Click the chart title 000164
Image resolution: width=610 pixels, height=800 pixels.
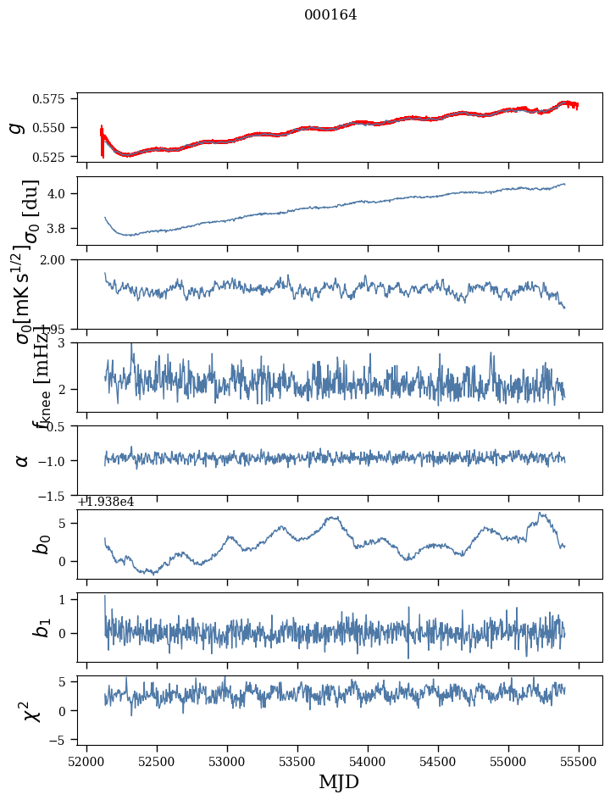click(330, 15)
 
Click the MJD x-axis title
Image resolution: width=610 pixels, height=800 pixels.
click(339, 781)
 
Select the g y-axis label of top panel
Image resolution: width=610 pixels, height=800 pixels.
click(15, 127)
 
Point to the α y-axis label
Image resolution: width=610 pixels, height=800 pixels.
click(22, 460)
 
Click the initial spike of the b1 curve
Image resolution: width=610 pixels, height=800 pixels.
click(105, 597)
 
